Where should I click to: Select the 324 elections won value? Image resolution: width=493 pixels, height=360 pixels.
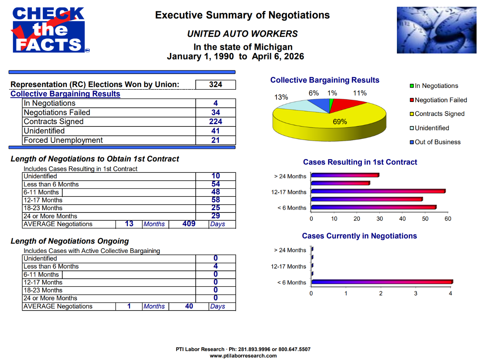(216, 84)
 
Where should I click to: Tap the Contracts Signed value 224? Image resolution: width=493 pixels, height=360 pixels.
(216, 122)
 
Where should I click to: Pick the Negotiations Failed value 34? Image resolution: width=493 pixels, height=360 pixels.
(216, 112)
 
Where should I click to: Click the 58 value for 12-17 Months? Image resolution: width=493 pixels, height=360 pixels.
(216, 200)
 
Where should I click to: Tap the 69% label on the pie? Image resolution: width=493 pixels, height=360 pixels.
(340, 121)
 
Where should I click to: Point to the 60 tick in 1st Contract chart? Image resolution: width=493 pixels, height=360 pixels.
(448, 219)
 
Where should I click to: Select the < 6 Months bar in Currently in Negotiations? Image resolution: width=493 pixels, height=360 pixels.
(381, 282)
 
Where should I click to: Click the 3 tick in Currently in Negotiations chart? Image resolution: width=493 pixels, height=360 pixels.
(416, 293)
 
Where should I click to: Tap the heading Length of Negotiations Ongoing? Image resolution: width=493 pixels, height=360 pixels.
(70, 241)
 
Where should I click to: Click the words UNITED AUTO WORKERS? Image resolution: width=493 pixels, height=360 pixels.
(242, 34)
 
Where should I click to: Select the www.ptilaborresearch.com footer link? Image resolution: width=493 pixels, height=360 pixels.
(243, 356)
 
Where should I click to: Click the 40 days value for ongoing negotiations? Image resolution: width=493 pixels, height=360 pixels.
(189, 306)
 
